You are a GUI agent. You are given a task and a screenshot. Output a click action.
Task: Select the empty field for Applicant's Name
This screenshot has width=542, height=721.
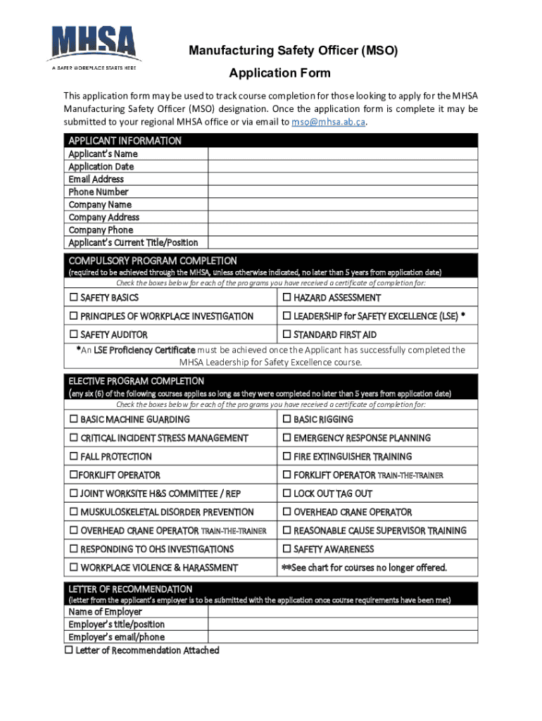(342, 153)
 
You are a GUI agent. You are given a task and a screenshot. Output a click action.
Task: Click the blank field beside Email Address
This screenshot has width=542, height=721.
(342, 179)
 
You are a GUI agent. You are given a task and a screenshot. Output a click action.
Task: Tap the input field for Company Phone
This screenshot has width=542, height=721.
(342, 230)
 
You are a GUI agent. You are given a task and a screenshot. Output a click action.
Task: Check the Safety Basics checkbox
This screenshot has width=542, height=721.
(73, 298)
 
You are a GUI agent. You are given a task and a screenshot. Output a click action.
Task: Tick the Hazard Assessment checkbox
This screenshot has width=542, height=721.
(286, 298)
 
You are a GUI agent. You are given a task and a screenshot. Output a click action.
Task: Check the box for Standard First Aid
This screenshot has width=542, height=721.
(286, 334)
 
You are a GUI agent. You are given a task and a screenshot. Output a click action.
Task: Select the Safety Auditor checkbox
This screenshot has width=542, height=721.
(73, 334)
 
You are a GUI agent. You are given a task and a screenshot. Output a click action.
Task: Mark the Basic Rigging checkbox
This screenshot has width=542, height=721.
(286, 420)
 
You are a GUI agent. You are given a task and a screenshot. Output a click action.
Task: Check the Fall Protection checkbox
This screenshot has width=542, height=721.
(73, 457)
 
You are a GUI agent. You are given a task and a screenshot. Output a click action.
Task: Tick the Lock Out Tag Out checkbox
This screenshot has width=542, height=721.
(286, 494)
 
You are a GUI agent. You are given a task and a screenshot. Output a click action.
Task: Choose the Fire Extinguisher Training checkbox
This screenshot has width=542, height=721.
(286, 457)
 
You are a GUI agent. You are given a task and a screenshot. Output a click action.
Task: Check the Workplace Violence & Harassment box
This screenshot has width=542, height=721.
(73, 568)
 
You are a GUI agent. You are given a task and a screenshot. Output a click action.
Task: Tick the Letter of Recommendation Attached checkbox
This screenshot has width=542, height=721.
(69, 650)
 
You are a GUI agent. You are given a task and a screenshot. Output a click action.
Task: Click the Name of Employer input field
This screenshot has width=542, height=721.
(342, 612)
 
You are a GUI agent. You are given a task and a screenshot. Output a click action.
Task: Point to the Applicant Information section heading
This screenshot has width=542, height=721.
(125, 141)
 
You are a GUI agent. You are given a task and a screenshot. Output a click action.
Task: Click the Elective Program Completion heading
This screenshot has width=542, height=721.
(136, 381)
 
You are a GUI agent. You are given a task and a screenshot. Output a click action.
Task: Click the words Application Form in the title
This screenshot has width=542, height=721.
(279, 73)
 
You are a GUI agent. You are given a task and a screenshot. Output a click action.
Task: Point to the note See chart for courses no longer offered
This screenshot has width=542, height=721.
(364, 568)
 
